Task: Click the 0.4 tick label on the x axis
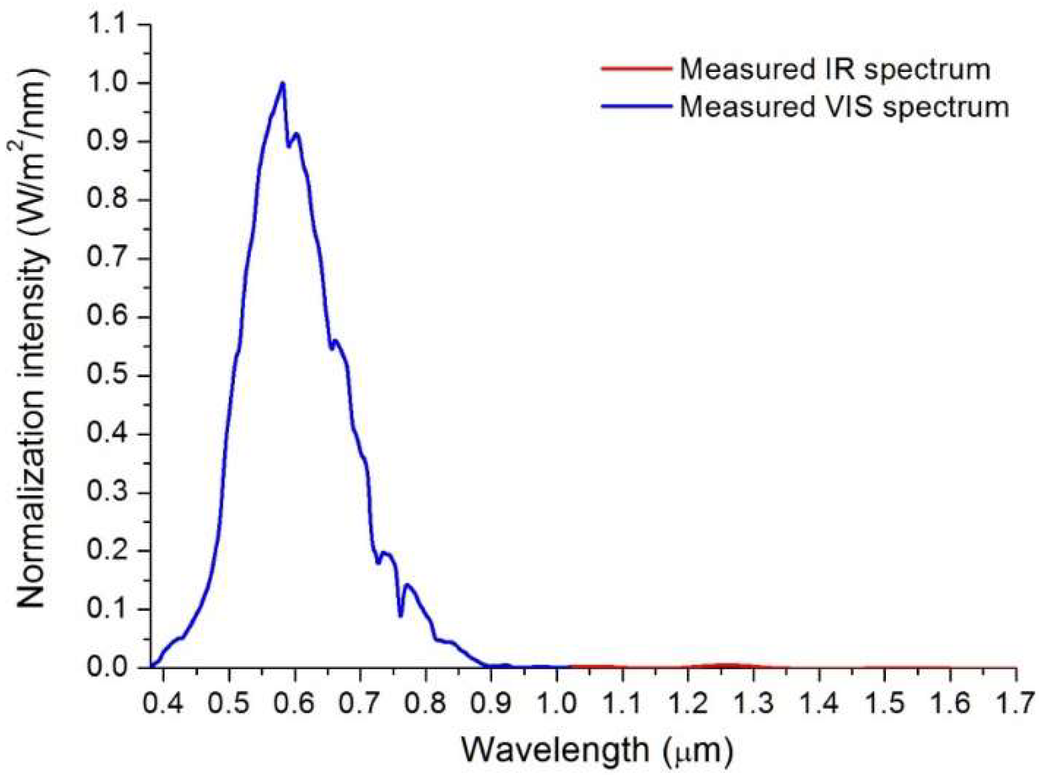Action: coord(163,703)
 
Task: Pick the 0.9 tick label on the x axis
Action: coord(491,703)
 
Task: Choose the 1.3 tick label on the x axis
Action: coord(754,703)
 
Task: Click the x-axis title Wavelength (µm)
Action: coord(596,750)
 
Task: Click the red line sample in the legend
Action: coord(637,69)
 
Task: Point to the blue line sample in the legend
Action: coord(637,106)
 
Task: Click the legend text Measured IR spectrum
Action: coord(834,69)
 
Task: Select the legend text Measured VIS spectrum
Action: coord(844,107)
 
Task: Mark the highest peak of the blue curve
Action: coord(283,83)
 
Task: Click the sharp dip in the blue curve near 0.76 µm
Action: coord(400,615)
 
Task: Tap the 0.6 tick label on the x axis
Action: coord(294,703)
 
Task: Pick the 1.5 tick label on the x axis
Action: coord(885,703)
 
